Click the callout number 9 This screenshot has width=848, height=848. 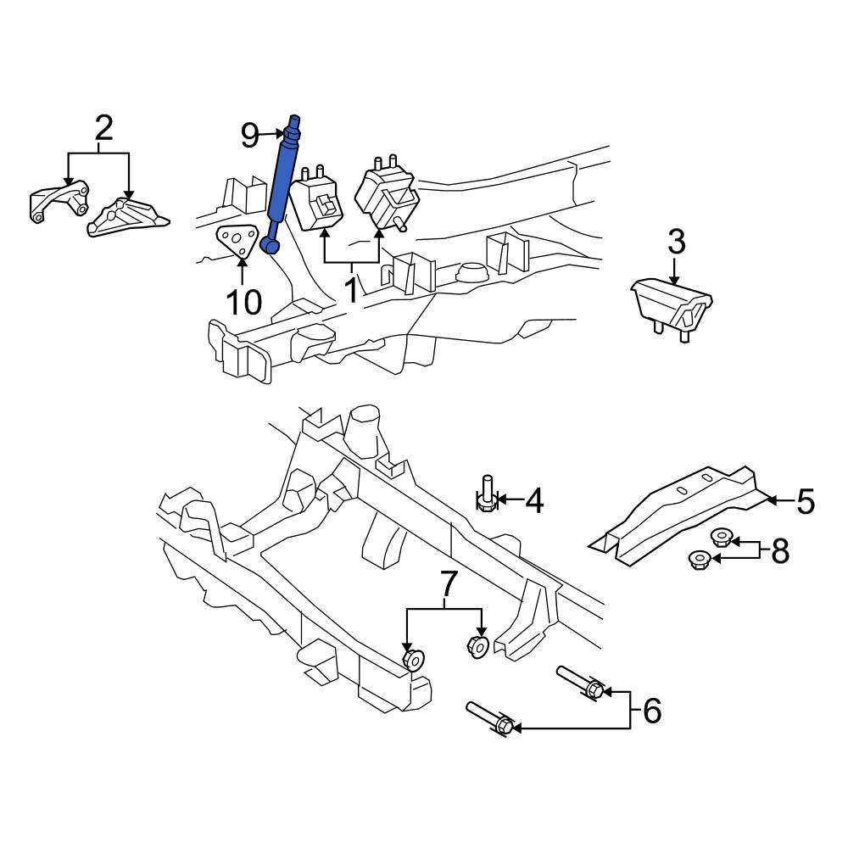pos(249,133)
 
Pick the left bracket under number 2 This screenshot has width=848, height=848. pos(59,202)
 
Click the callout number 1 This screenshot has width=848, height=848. pos(351,291)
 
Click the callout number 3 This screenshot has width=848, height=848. pos(675,243)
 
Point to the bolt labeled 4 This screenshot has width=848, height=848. pos(487,495)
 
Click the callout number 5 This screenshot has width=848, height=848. pos(805,501)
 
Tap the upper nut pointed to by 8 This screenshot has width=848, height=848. pos(721,537)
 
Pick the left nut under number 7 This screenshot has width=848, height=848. pos(413,658)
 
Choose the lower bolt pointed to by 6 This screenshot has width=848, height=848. pos(489,719)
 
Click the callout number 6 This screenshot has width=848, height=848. pos(651,711)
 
